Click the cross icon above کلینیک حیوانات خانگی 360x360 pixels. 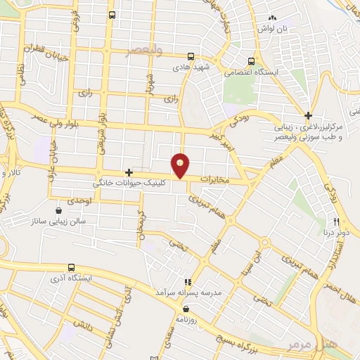[129, 172]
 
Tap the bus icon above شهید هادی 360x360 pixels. [191, 57]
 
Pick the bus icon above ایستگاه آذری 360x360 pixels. [71, 267]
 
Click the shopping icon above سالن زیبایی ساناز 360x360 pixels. [58, 209]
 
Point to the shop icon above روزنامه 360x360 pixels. [186, 308]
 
